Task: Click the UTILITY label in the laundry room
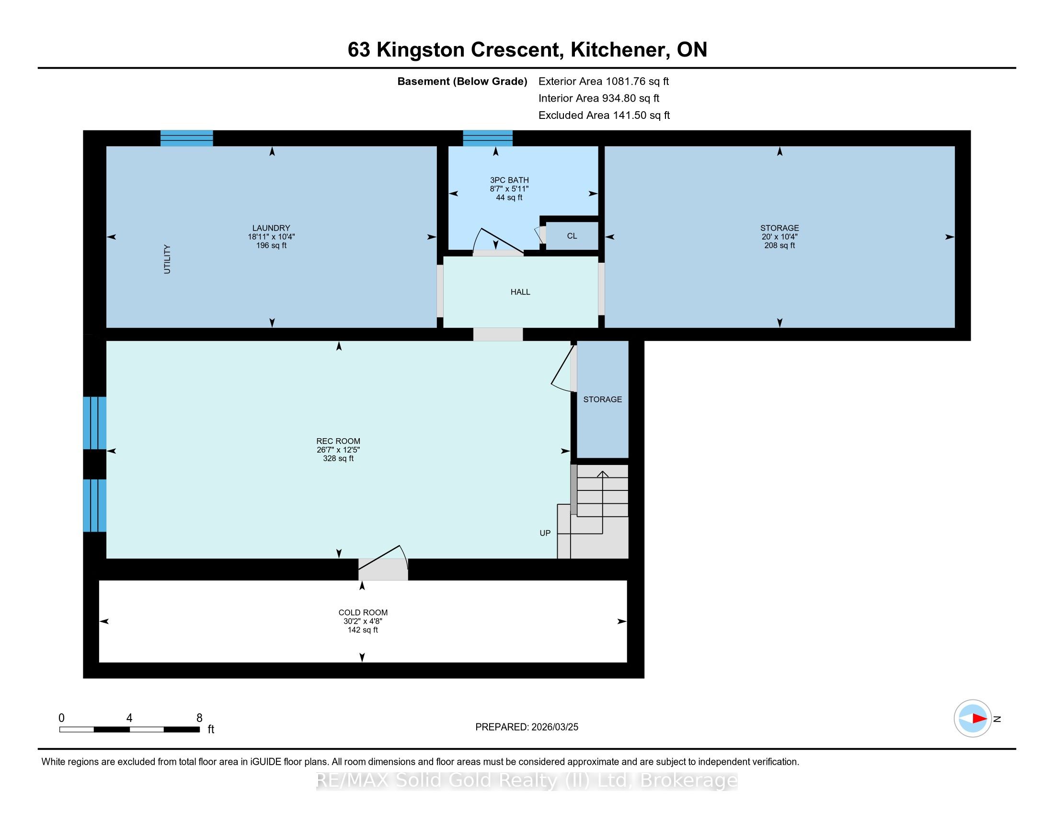[x=167, y=259]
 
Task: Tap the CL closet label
[x=572, y=236]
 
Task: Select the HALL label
[x=520, y=292]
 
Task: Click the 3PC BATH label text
[x=509, y=180]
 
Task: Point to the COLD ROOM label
[x=363, y=613]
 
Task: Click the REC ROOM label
[x=338, y=441]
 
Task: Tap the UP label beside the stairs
[x=545, y=533]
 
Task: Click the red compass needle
[x=979, y=719]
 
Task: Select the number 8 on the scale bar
[x=199, y=718]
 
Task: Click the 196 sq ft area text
[x=271, y=246]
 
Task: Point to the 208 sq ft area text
[x=779, y=246]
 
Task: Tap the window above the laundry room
[x=187, y=138]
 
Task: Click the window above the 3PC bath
[x=488, y=138]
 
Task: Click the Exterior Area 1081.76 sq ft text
[x=604, y=81]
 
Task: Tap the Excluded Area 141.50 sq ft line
[x=604, y=116]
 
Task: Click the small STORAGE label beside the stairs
[x=602, y=400]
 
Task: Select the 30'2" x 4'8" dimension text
[x=363, y=621]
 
